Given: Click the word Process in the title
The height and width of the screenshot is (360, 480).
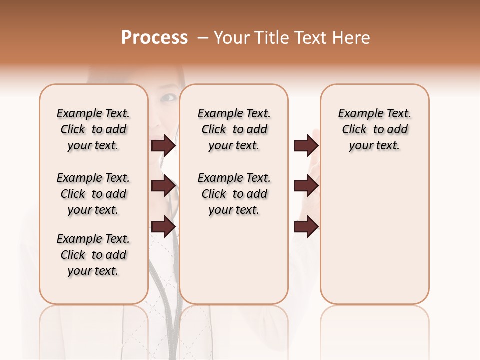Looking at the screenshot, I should (154, 38).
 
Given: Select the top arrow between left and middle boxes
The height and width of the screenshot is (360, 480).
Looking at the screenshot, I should (163, 145).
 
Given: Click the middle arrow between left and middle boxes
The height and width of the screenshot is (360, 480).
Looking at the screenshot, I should (163, 186).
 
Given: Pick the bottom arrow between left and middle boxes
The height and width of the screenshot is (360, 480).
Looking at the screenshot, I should (163, 226).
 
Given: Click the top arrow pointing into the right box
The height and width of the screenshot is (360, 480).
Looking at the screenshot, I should (306, 145).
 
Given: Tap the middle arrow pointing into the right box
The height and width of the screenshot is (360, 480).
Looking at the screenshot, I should (306, 186).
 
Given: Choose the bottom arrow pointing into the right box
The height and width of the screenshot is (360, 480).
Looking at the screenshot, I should (306, 226).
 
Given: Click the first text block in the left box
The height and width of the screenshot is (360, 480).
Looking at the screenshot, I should (93, 129).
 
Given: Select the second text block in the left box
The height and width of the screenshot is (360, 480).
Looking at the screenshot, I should (93, 194).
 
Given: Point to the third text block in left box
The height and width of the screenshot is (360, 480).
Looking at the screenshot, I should (93, 255).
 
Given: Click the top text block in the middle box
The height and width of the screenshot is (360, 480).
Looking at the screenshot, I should (234, 129).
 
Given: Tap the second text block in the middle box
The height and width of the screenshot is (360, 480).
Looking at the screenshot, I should (234, 194).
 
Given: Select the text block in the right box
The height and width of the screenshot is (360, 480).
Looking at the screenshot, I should (374, 129).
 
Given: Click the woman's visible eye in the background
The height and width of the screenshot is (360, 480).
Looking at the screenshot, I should (170, 97).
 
